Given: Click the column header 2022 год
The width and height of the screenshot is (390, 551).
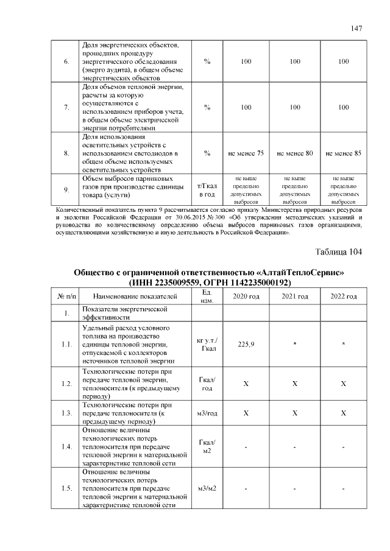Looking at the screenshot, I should point(344,296).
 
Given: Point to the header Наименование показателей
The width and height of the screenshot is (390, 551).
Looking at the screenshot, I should point(135,297).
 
